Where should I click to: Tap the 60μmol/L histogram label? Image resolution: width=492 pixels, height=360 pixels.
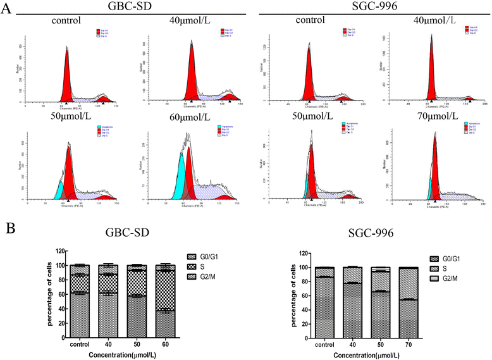[184, 119]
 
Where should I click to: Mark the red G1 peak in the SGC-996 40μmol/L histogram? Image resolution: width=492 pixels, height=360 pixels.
[431, 70]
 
